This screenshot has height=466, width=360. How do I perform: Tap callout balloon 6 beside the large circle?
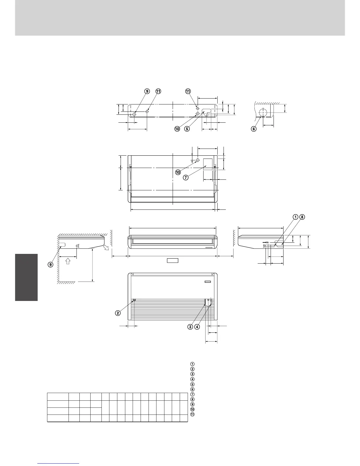coord(254,129)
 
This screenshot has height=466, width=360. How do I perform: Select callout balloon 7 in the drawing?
coord(186,177)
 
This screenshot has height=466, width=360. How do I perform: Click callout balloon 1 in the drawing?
coord(295,217)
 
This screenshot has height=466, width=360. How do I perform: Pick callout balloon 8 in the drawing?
coord(302,217)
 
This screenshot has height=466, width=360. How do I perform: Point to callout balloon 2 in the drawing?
coord(118,313)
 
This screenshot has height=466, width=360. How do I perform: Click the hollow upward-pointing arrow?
coord(68,261)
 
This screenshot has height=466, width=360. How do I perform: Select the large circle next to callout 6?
coord(263,112)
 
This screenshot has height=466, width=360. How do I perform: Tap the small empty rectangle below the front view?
coord(173,260)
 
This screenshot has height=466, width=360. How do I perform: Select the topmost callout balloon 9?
coord(147,91)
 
